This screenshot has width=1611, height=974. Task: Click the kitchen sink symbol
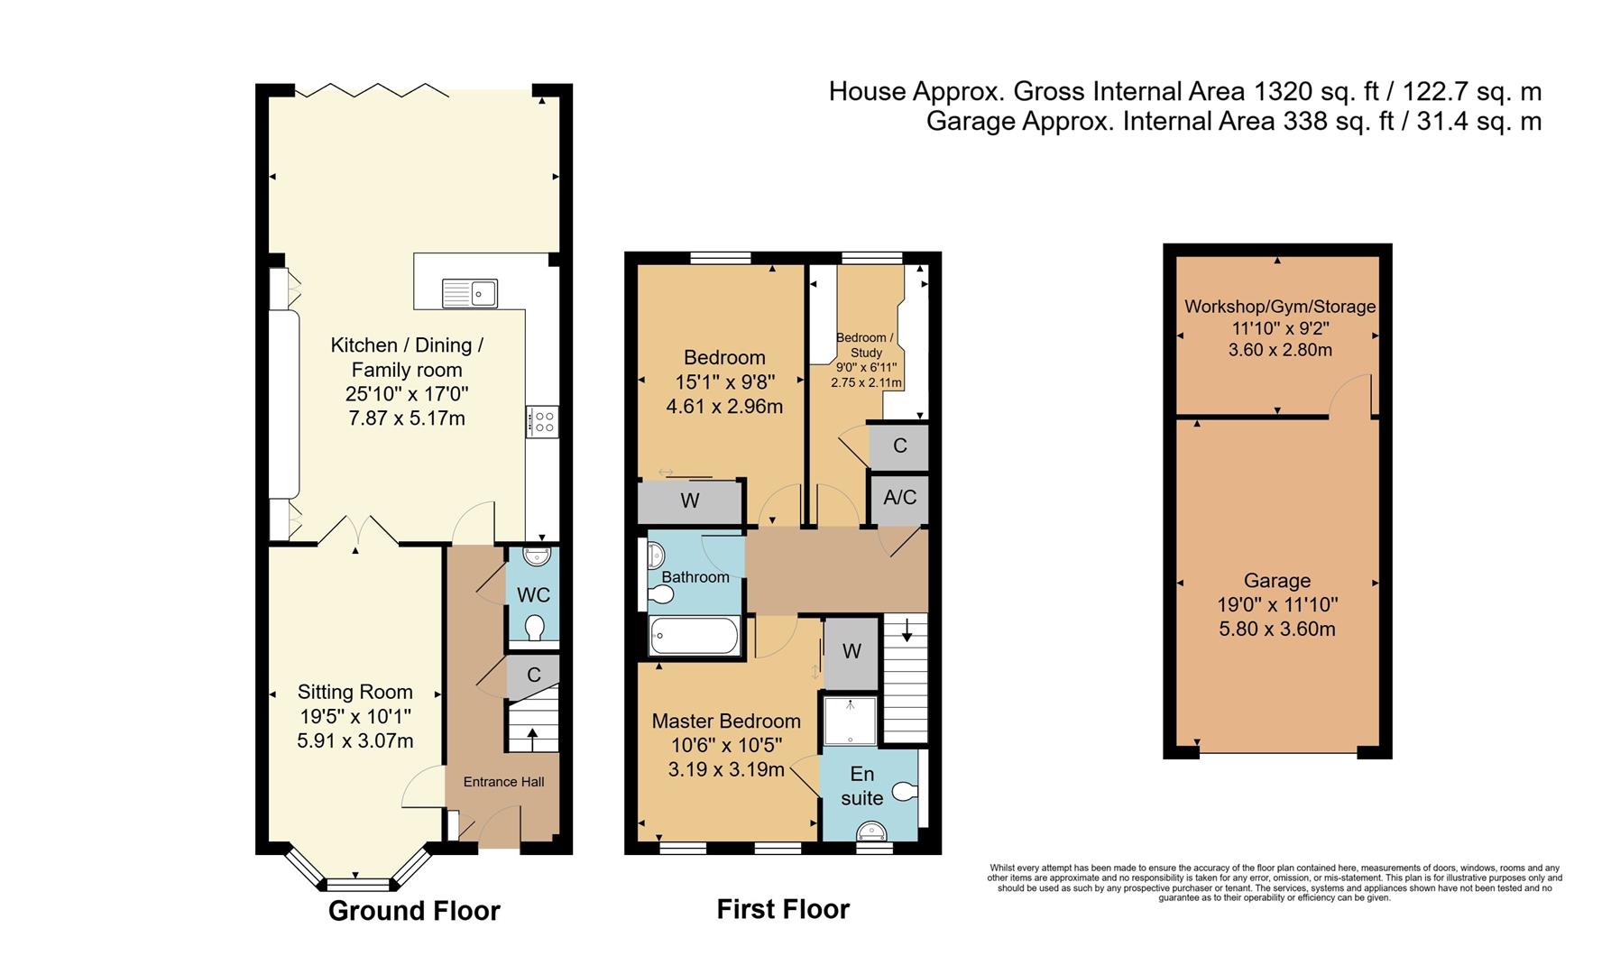pyautogui.click(x=470, y=293)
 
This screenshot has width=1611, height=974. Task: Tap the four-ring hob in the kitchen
pyautogui.click(x=543, y=422)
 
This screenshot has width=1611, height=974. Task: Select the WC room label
pyautogui.click(x=533, y=595)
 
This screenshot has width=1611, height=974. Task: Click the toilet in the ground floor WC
pyautogui.click(x=534, y=627)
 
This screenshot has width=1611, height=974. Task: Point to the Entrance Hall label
pyautogui.click(x=503, y=782)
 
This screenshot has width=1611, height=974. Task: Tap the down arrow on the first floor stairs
pyautogui.click(x=907, y=630)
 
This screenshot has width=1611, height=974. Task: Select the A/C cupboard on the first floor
pyautogui.click(x=899, y=498)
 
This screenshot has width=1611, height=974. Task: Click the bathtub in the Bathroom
pyautogui.click(x=695, y=636)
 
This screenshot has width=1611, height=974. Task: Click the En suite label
pyautogui.click(x=862, y=786)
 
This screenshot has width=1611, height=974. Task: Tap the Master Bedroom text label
pyautogui.click(x=726, y=721)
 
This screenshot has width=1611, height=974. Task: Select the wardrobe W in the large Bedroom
pyautogui.click(x=690, y=501)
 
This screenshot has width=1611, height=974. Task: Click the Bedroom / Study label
pyautogui.click(x=865, y=345)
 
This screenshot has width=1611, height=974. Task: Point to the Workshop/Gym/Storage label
pyautogui.click(x=1279, y=307)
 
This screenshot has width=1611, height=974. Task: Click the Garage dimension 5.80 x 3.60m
pyautogui.click(x=1276, y=629)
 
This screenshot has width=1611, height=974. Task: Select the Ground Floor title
pyautogui.click(x=414, y=911)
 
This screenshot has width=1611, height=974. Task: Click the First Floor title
pyautogui.click(x=783, y=909)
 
